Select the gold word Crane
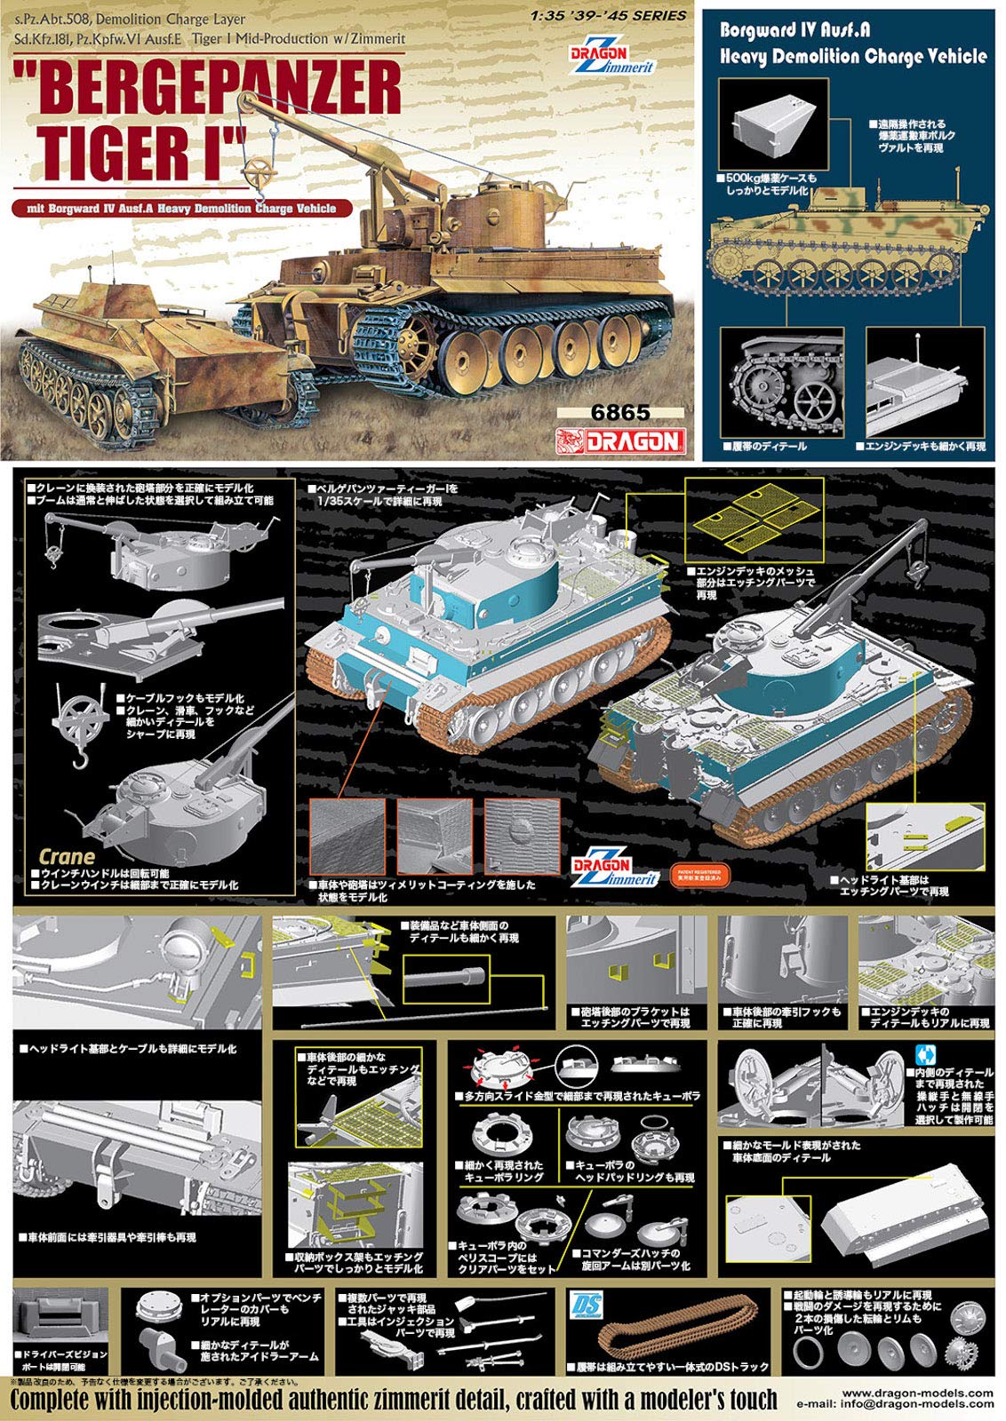coord(67,857)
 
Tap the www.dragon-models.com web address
coord(916,1393)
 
